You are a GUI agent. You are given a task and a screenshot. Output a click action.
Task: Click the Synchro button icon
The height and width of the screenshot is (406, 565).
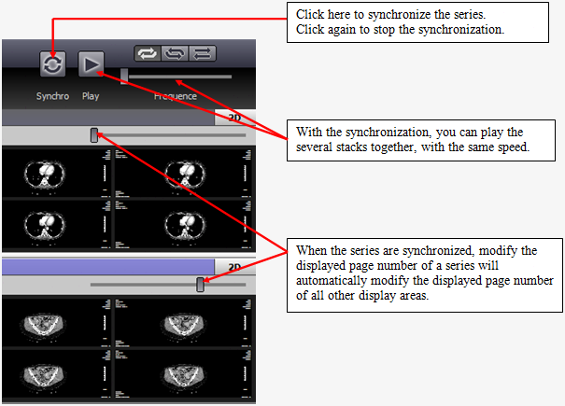52,63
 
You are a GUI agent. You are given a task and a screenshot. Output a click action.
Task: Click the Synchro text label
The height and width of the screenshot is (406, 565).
52,96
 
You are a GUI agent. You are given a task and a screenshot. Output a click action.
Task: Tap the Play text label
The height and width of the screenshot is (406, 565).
91,96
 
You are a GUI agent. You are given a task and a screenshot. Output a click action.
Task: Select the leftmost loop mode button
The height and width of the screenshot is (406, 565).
148,53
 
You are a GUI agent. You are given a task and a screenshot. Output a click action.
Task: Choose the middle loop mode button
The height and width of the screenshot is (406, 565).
175,53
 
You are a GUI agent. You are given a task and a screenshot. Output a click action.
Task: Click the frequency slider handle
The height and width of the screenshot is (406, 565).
124,76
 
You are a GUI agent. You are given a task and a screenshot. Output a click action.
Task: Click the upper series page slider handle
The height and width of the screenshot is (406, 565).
94,135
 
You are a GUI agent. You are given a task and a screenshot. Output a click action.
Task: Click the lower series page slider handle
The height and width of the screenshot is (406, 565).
201,285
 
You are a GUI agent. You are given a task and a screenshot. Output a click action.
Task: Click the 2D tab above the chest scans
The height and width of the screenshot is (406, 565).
234,118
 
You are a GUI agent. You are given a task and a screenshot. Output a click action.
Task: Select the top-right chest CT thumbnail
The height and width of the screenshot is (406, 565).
183,172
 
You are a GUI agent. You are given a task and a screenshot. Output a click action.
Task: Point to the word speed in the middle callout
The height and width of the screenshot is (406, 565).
512,147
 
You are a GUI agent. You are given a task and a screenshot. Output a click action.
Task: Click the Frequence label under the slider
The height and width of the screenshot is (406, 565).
176,96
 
